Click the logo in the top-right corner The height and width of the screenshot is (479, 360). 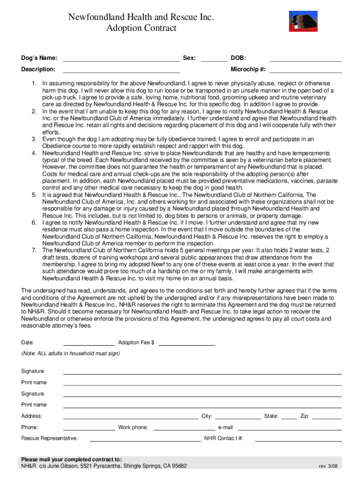pyautogui.click(x=303, y=22)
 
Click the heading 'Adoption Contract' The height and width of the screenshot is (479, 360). pyautogui.click(x=142, y=28)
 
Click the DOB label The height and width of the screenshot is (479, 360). pyautogui.click(x=238, y=58)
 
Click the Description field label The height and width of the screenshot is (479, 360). pyautogui.click(x=38, y=70)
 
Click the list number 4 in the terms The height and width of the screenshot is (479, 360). pyautogui.click(x=34, y=153)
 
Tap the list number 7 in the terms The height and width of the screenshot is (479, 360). pyautogui.click(x=34, y=250)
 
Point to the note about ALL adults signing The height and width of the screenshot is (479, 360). pyautogui.click(x=71, y=354)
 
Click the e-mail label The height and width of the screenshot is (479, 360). pyautogui.click(x=225, y=428)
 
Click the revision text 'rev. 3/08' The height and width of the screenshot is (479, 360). pyautogui.click(x=328, y=466)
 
